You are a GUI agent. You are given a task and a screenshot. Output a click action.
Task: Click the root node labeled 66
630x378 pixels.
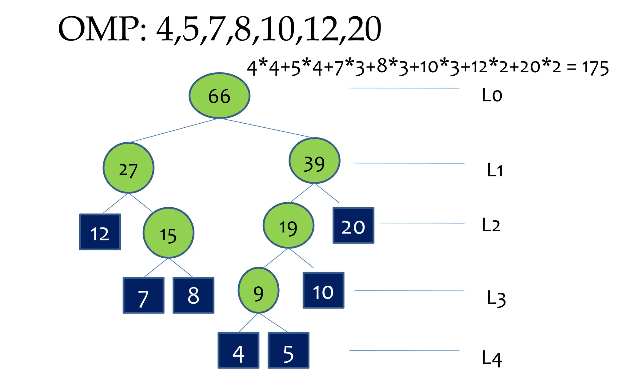[219, 96]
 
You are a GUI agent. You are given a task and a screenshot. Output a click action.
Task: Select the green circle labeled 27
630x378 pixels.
[128, 168]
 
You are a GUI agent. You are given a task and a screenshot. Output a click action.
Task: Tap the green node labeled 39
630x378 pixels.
[314, 161]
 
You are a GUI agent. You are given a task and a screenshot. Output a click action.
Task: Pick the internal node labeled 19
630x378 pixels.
[288, 225]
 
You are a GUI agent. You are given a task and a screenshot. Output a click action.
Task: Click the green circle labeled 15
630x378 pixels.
[168, 233]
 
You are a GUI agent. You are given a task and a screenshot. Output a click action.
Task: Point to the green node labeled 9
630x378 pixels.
[258, 290]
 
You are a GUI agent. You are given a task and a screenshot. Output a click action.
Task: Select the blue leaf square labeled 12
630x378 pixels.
[100, 232]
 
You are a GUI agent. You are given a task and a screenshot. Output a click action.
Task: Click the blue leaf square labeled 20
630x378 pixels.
[353, 225]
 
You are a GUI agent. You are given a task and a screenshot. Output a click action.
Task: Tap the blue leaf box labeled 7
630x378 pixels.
[143, 295]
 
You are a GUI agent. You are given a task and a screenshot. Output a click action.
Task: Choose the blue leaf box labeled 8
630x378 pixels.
[193, 295]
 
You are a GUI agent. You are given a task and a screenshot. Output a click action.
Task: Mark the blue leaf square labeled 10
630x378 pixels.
[323, 290]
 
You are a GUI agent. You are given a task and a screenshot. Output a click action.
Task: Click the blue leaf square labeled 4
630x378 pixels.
[238, 350]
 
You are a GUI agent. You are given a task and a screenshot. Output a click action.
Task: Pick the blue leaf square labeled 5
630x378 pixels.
[288, 350]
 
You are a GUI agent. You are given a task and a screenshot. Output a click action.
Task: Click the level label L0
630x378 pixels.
[492, 95]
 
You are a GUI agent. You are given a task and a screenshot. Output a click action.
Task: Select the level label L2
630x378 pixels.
[491, 225]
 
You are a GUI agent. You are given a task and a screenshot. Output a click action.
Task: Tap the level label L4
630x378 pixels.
[492, 358]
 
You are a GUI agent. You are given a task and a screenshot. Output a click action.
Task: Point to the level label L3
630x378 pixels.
[496, 298]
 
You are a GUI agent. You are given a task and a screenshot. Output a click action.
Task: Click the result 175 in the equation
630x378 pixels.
[595, 68]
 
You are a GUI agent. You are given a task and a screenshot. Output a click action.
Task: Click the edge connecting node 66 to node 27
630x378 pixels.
[174, 130]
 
